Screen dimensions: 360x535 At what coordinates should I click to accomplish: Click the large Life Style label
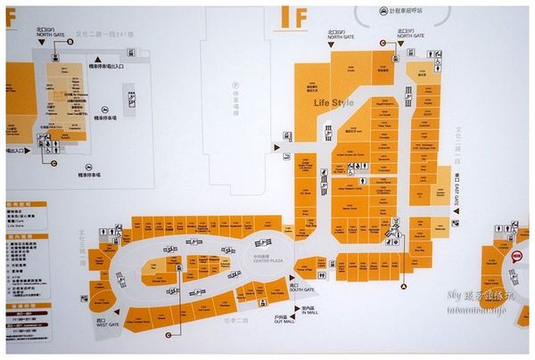[x=333, y=103]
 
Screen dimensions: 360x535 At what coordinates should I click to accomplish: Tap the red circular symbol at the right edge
[x=516, y=254]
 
